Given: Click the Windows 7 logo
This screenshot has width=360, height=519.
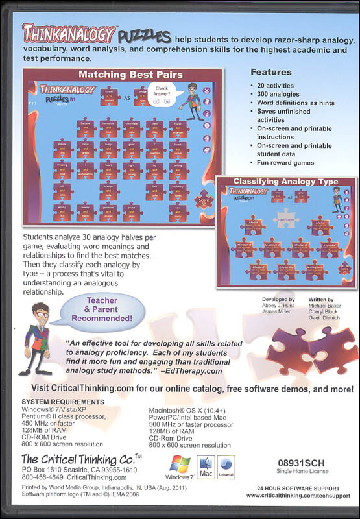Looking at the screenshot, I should click(x=180, y=466).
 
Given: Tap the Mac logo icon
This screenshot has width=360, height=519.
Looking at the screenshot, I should click(x=206, y=467).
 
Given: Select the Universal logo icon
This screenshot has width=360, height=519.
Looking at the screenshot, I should click(x=226, y=467).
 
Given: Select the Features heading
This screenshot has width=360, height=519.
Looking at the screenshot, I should click(x=272, y=72).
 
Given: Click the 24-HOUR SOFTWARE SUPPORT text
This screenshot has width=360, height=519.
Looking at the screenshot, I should click(x=298, y=488).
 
